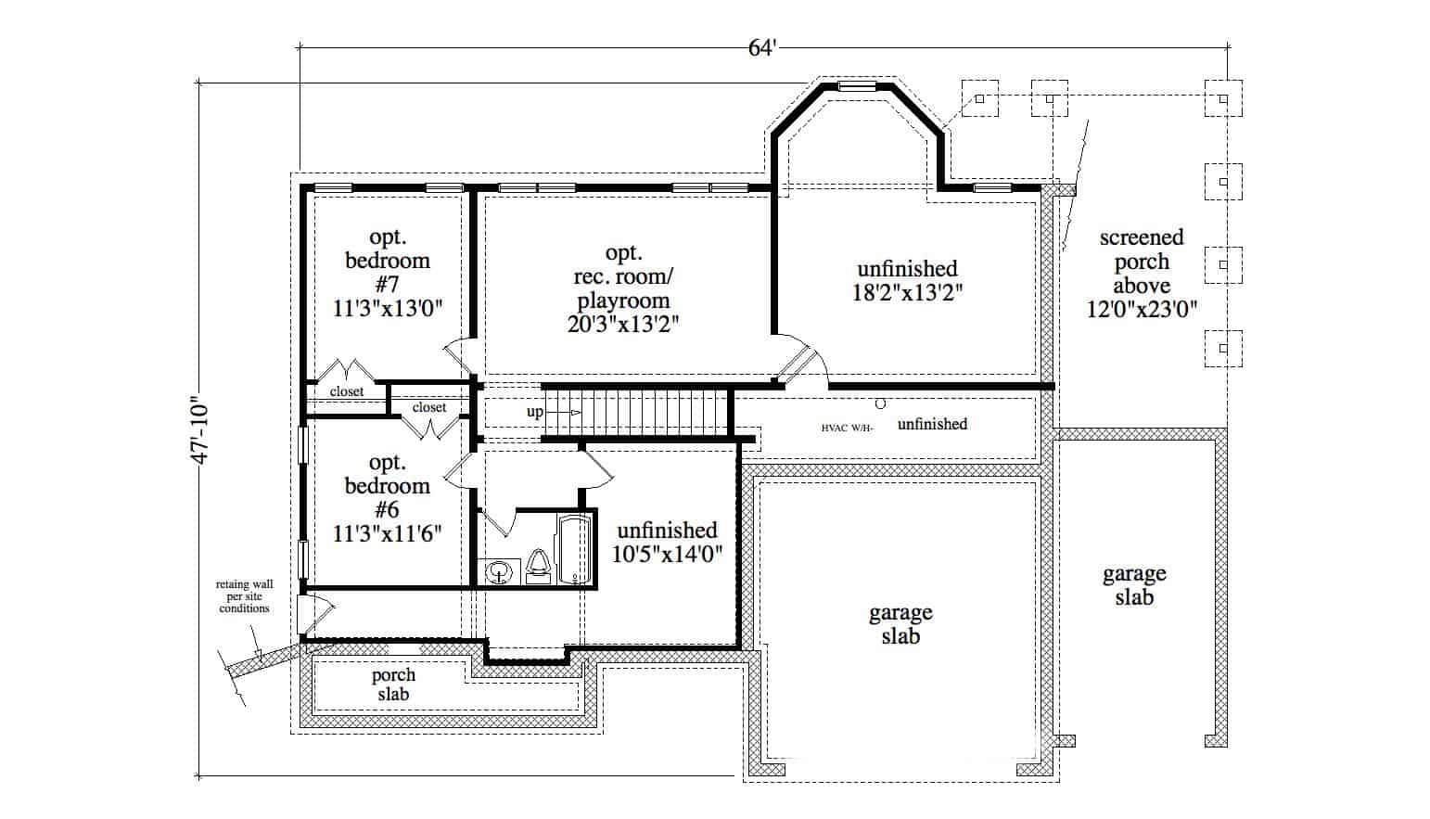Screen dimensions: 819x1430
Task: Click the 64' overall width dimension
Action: (x=760, y=48)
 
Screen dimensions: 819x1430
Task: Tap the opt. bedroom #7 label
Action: (x=388, y=273)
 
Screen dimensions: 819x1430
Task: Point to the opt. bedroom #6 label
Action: (x=388, y=497)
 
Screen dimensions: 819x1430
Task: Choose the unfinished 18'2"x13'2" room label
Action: (x=907, y=281)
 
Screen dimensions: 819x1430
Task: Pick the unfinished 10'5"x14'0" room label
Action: (x=668, y=542)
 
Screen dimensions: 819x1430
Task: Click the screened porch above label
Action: (x=1142, y=274)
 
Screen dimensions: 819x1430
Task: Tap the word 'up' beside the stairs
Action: (x=535, y=412)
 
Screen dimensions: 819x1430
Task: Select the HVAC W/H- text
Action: (x=847, y=429)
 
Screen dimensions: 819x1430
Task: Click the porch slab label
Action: (x=393, y=685)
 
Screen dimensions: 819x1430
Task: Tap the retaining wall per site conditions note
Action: (x=244, y=596)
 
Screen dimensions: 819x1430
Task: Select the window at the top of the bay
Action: (x=857, y=87)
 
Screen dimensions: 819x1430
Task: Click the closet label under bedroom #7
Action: (x=347, y=391)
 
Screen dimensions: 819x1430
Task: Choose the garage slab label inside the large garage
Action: (x=900, y=624)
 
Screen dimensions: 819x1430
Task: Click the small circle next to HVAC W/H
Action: (x=881, y=404)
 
